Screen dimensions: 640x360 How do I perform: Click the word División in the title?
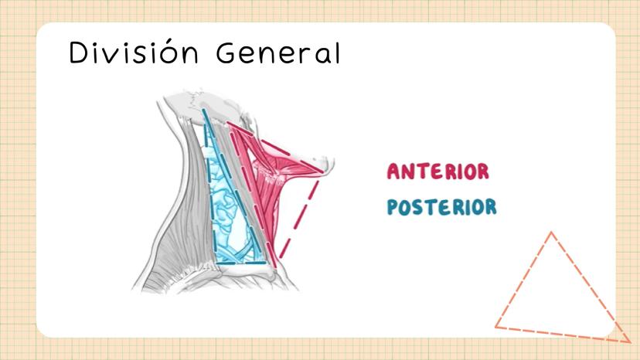134,52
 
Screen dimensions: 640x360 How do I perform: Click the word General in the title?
278,53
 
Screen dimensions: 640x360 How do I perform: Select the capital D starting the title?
78,53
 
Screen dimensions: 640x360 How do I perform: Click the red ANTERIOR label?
438,172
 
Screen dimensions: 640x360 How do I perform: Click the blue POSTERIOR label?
441,207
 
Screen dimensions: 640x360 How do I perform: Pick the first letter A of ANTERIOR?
394,172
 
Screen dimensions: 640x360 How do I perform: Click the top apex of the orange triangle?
551,233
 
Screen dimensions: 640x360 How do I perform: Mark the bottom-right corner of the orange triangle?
630,341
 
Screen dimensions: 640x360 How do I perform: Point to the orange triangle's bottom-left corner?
496,327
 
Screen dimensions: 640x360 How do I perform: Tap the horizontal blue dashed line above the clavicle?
241,263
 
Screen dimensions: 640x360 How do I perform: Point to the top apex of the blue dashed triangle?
203,110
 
